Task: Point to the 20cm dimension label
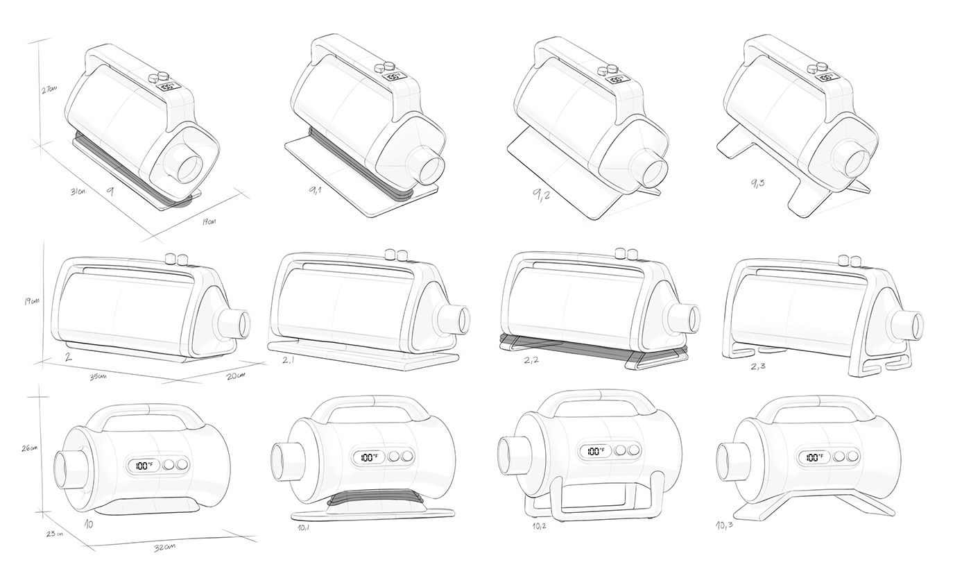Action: pyautogui.click(x=235, y=375)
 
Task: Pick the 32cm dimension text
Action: pyautogui.click(x=164, y=546)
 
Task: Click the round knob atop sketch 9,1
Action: pyautogui.click(x=380, y=68)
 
